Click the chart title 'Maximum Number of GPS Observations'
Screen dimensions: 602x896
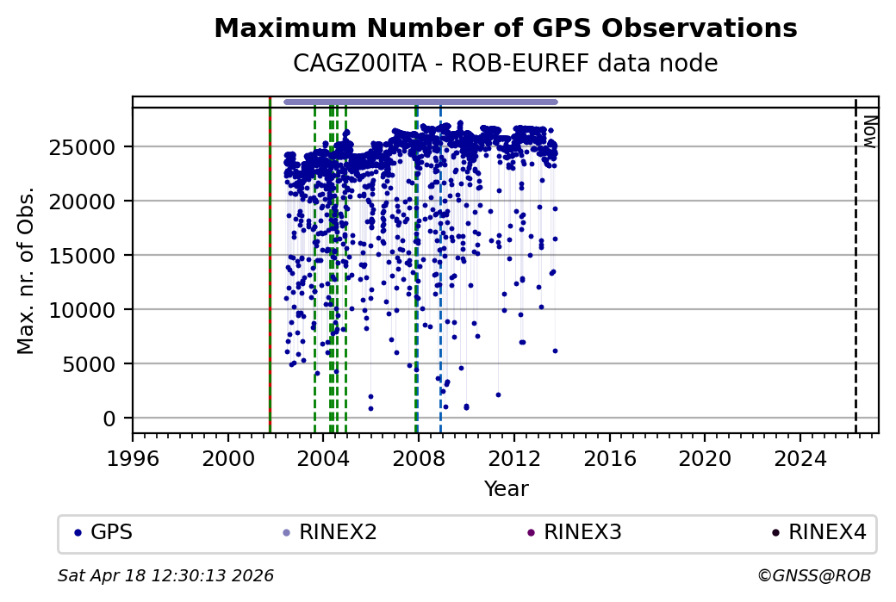click(x=505, y=28)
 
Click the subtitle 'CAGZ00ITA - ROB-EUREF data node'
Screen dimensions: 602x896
click(x=505, y=63)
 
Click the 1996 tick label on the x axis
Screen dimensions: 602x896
click(x=133, y=457)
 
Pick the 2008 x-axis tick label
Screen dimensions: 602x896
click(x=419, y=457)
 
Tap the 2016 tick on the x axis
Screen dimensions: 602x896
click(x=609, y=457)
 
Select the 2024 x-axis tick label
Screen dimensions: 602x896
click(x=800, y=457)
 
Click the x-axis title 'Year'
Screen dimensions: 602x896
click(x=506, y=489)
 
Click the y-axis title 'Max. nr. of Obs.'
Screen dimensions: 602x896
click(x=26, y=270)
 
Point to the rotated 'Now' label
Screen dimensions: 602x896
click(x=869, y=132)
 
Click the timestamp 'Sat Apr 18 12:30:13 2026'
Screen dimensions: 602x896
click(x=165, y=575)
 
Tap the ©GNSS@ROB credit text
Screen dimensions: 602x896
click(x=814, y=575)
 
